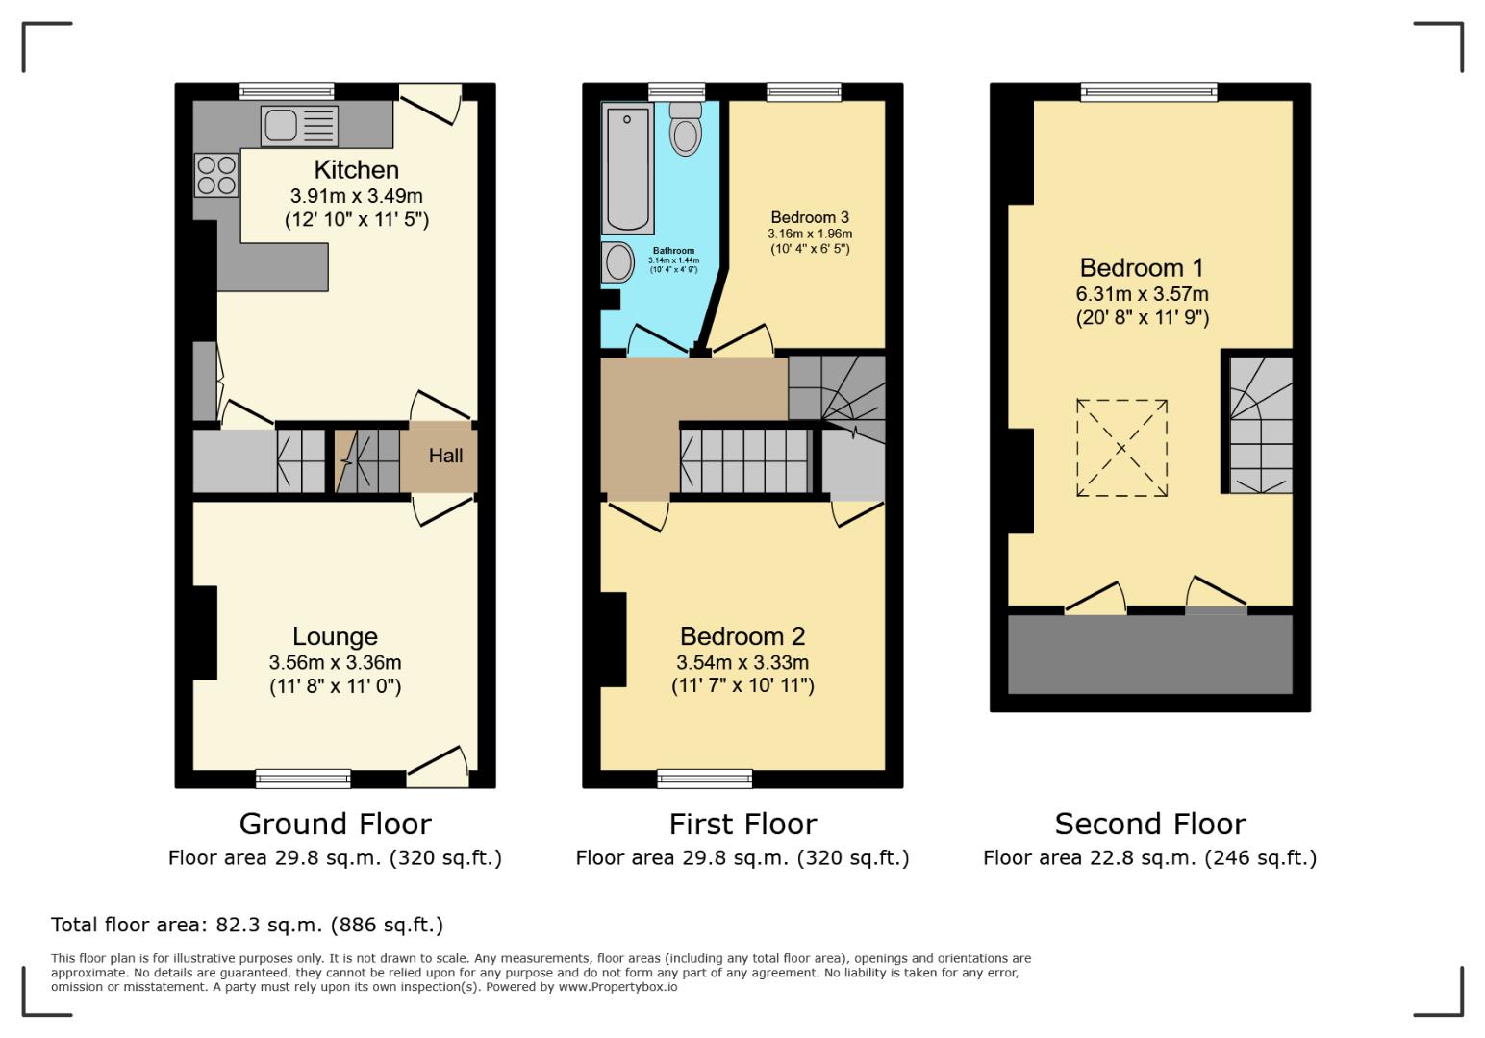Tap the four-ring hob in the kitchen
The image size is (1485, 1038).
(216, 175)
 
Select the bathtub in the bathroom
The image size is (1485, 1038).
(627, 168)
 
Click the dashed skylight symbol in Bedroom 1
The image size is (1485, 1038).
(1121, 448)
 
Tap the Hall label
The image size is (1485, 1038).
(445, 456)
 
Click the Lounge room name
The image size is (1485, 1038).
(335, 636)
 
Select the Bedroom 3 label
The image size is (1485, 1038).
(810, 217)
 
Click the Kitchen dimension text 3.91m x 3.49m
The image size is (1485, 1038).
(356, 196)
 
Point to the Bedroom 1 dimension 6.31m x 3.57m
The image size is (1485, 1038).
(1142, 294)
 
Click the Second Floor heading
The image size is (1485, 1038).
(1149, 824)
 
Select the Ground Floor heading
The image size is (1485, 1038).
(335, 824)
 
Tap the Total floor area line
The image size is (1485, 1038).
(247, 925)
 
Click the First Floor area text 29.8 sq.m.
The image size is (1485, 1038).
(742, 857)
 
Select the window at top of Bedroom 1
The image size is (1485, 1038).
(1148, 91)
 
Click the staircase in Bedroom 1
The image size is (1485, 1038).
(1260, 424)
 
